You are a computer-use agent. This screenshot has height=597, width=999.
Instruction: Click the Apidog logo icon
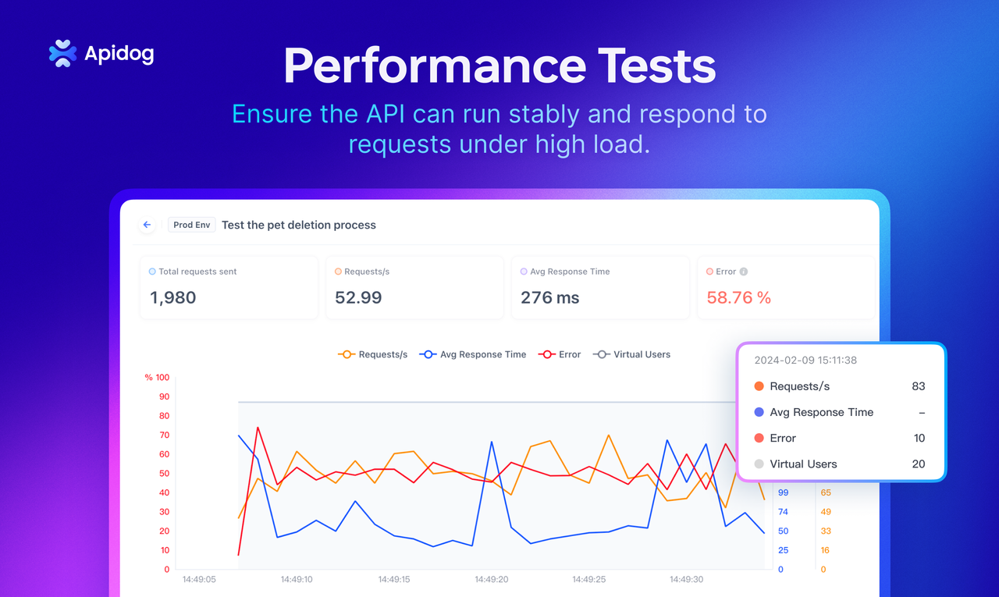[x=62, y=53]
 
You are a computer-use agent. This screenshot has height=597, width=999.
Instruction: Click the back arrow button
[x=147, y=225]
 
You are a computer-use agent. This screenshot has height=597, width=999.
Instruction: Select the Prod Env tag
[x=192, y=225]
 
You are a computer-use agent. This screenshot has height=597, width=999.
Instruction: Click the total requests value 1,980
[x=172, y=297]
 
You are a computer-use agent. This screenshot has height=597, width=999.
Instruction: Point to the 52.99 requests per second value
[x=358, y=297]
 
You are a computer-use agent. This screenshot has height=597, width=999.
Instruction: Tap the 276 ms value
[x=549, y=297]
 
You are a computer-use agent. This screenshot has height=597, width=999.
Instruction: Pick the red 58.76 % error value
[x=738, y=297]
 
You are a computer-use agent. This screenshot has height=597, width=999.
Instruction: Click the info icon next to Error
[x=744, y=272]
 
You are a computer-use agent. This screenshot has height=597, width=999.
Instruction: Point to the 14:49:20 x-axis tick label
[x=492, y=580]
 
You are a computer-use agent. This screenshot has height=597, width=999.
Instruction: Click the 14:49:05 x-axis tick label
[x=199, y=580]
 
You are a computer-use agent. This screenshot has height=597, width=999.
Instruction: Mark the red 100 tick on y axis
[x=162, y=378]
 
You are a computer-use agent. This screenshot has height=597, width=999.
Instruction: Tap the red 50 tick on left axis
[x=164, y=474]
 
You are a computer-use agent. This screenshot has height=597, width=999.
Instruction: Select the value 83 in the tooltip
[x=918, y=386]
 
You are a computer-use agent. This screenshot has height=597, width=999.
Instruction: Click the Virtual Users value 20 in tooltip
[x=918, y=464]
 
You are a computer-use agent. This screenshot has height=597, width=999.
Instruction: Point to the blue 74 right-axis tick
[x=783, y=512]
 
